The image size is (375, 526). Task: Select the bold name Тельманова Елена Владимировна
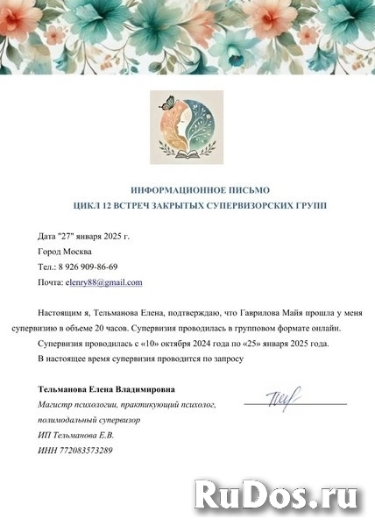pyautogui.click(x=107, y=388)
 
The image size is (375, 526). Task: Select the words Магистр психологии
pyautogui.click(x=77, y=404)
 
